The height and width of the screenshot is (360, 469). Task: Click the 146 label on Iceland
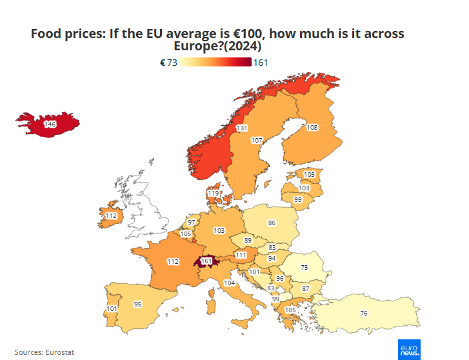pos(50,123)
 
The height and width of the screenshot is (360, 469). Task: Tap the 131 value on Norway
pos(242,128)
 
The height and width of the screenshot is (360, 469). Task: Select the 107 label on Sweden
pos(257,140)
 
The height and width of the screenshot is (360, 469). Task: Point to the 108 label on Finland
pos(312,128)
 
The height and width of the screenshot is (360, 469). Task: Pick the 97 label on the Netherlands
pos(192,222)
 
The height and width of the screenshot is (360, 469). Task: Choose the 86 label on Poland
pos(272,223)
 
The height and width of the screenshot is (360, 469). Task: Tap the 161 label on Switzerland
pos(206,261)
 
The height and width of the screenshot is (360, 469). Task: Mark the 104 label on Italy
pos(229,283)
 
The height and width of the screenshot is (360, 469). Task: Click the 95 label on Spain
pos(137,304)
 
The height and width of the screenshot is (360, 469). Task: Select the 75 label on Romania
pos(304,267)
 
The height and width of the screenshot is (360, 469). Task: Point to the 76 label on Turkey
pos(364,313)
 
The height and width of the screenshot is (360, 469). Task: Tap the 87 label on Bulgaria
pos(306,288)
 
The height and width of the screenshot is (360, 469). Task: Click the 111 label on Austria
pos(241,255)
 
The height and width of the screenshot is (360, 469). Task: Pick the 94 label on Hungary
pos(272,258)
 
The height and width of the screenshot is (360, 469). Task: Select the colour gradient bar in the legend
pos(215,63)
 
